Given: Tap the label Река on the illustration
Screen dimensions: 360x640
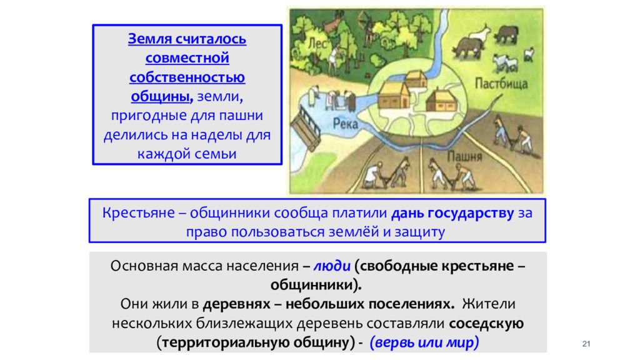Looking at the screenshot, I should [345, 123].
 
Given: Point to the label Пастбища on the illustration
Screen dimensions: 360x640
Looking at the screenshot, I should [501, 84].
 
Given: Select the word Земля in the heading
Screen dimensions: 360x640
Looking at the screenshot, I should [149, 39].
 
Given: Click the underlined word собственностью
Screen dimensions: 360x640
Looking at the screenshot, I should [187, 77].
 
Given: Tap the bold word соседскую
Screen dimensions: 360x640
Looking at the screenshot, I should [487, 324].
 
